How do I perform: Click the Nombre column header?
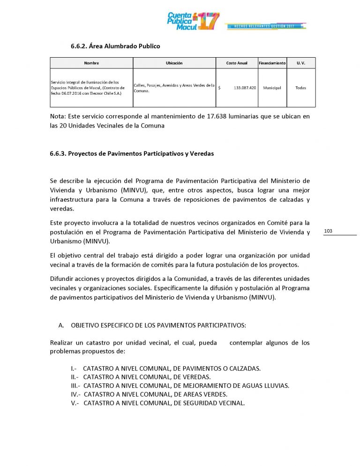click(91, 63)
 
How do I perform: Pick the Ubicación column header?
click(174, 63)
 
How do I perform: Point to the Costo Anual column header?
click(237, 63)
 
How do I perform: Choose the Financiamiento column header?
click(272, 63)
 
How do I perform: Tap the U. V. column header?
click(301, 63)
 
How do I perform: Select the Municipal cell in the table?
click(272, 88)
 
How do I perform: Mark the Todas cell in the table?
click(301, 88)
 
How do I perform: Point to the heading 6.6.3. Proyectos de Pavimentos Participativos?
click(132, 154)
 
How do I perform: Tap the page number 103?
click(328, 231)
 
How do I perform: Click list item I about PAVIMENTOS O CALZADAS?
click(165, 368)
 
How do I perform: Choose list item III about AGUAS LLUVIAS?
click(180, 386)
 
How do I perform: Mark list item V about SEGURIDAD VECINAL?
click(158, 403)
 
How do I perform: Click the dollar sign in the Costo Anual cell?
click(219, 88)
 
